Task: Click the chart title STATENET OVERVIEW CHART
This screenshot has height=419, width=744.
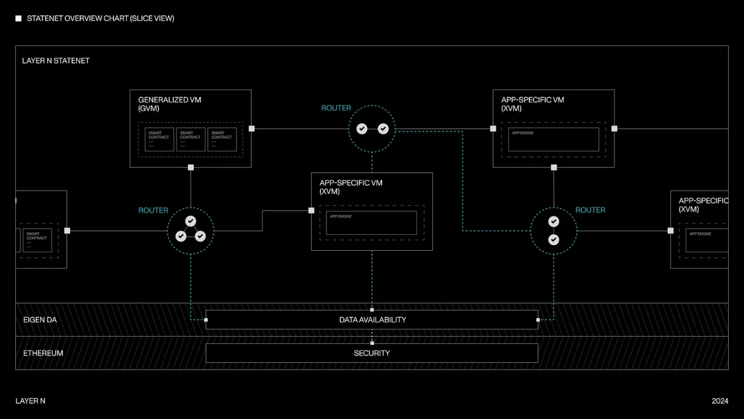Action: click(x=101, y=18)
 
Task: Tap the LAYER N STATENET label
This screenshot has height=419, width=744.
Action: click(x=56, y=60)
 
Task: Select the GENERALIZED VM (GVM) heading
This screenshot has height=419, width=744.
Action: click(x=169, y=103)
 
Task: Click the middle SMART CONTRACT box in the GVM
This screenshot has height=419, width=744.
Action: click(x=190, y=139)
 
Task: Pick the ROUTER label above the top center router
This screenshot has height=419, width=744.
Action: click(x=336, y=108)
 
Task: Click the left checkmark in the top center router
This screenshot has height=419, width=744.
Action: click(x=362, y=129)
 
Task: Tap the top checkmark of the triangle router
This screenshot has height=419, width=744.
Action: click(x=191, y=221)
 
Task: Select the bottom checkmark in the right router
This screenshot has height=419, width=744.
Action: click(x=554, y=240)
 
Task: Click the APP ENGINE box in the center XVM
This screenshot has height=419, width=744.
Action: click(x=371, y=223)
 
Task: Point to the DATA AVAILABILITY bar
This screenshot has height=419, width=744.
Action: click(x=372, y=320)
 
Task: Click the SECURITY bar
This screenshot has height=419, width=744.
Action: click(x=372, y=353)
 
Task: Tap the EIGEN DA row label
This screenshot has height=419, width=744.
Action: click(x=40, y=320)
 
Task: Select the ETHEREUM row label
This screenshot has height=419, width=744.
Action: click(x=43, y=353)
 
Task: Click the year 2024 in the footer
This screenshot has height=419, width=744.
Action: click(x=720, y=401)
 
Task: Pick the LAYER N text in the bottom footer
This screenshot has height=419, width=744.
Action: click(x=30, y=401)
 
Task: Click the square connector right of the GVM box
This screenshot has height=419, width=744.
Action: click(x=252, y=128)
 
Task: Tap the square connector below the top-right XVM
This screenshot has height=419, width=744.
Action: click(x=554, y=167)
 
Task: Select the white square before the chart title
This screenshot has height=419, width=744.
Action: click(x=18, y=19)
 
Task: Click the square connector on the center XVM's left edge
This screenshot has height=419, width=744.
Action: click(x=311, y=210)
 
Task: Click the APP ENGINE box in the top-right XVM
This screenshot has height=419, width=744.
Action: click(x=553, y=139)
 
